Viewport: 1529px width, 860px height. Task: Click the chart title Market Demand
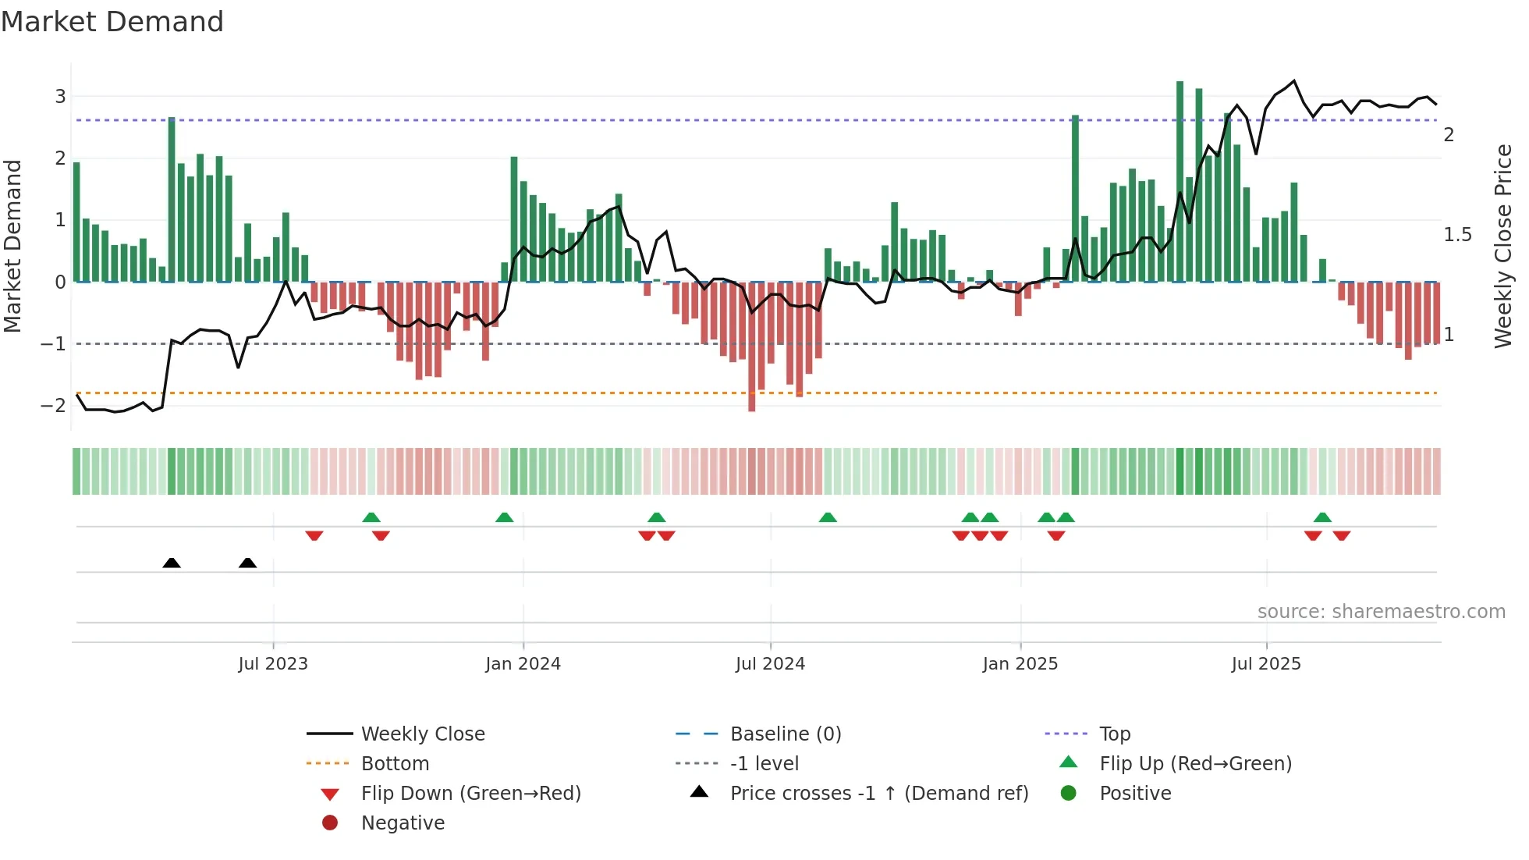pos(112,22)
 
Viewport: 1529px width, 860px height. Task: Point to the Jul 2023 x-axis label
pos(273,664)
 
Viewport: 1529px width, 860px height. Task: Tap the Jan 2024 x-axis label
pos(523,664)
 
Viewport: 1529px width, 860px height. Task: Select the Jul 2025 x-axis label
pos(1266,664)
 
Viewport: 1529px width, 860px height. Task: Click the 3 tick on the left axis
pos(60,97)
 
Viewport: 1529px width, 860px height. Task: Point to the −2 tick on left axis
pos(54,405)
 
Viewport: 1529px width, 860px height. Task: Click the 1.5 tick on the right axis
pos(1456,235)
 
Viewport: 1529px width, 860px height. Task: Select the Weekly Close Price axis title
pos(1502,246)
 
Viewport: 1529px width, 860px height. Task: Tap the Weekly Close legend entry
pos(422,734)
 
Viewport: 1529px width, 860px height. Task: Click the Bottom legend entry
pos(395,764)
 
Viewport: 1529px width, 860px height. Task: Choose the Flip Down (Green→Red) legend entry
pos(470,794)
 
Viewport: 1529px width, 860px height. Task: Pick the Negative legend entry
pos(403,823)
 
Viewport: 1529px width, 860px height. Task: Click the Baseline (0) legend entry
pos(785,734)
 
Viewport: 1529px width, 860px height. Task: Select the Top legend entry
pos(1114,734)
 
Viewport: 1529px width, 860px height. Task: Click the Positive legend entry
pos(1135,794)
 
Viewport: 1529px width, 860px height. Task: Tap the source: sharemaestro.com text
pos(1381,612)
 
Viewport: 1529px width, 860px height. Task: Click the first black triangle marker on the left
pos(172,563)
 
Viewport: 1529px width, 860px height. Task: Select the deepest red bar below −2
pos(752,347)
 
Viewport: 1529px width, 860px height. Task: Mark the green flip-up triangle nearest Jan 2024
pos(505,517)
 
